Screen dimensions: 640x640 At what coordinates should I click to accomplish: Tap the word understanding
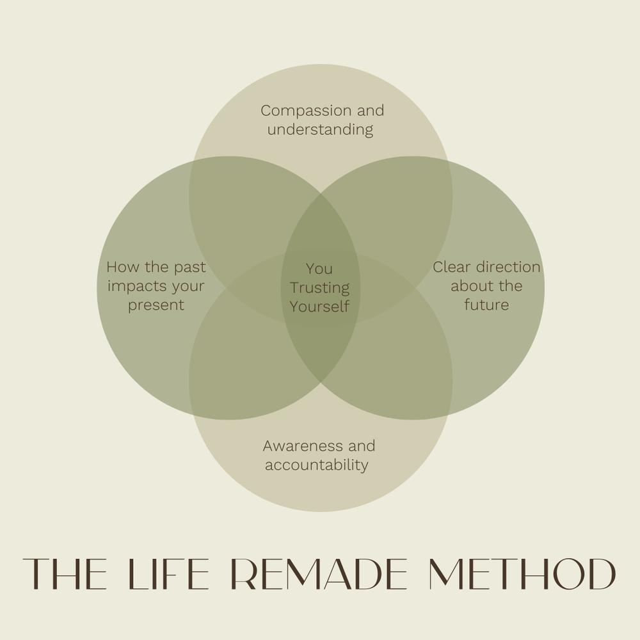click(x=320, y=130)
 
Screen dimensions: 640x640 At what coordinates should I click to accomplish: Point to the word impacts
click(x=134, y=286)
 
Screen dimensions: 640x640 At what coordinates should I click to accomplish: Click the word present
click(x=156, y=305)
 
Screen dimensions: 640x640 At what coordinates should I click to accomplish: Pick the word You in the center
click(x=319, y=269)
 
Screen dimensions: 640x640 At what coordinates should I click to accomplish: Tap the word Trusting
click(x=319, y=288)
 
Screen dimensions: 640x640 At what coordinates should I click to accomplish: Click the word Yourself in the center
click(x=319, y=307)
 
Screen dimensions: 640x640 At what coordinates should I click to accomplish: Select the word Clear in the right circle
click(x=452, y=267)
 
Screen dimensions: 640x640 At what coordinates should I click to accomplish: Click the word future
click(x=486, y=305)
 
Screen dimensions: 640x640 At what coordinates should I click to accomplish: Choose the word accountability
click(x=317, y=465)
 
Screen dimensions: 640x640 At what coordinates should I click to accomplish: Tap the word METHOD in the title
click(x=522, y=574)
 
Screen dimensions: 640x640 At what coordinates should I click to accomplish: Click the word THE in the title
click(x=64, y=574)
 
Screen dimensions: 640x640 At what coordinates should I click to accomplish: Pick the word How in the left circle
click(x=120, y=267)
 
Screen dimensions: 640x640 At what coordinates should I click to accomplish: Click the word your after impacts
click(x=188, y=286)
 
